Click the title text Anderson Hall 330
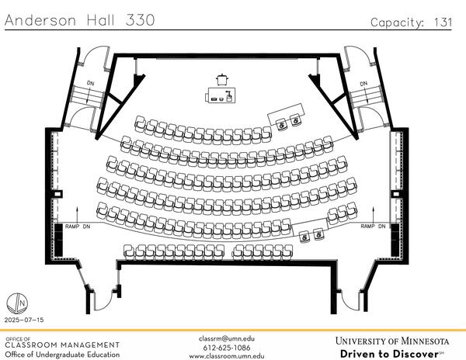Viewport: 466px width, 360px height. click(x=79, y=21)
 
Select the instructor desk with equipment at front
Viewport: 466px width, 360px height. click(x=221, y=95)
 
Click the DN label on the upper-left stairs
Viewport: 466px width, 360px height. click(x=90, y=84)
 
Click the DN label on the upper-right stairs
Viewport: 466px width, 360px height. click(x=363, y=84)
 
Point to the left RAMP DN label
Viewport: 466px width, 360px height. click(x=76, y=226)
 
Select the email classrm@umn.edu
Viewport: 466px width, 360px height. click(x=227, y=338)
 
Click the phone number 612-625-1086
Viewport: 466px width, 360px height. click(x=227, y=348)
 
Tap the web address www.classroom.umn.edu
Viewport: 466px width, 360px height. click(x=227, y=356)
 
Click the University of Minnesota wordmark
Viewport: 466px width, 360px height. click(x=392, y=341)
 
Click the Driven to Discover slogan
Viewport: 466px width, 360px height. click(x=392, y=354)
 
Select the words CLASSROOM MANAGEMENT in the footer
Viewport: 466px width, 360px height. click(x=63, y=345)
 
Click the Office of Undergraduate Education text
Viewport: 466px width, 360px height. click(x=63, y=355)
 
